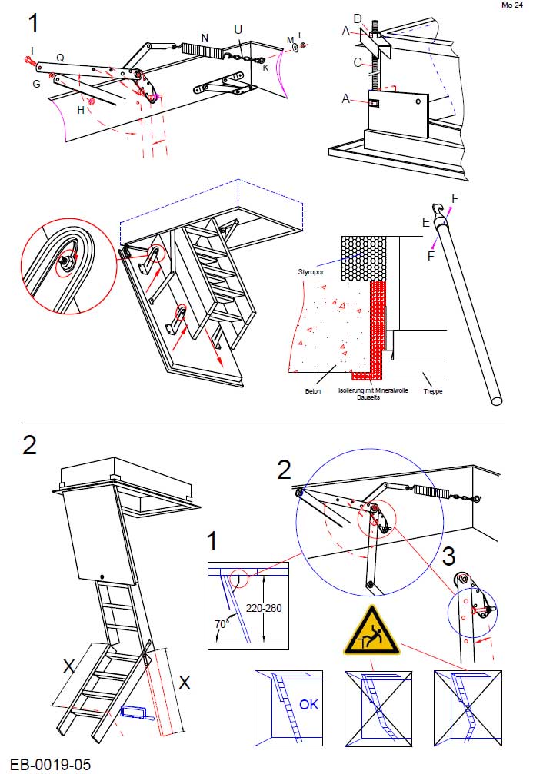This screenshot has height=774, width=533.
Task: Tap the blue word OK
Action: (308, 703)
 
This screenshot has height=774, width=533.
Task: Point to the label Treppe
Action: (432, 390)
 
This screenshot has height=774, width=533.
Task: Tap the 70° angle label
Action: (222, 624)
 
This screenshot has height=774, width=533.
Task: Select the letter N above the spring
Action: (205, 37)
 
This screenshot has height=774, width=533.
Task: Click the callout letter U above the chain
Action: (238, 28)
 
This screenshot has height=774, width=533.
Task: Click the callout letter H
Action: (81, 110)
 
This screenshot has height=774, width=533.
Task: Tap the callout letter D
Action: (357, 18)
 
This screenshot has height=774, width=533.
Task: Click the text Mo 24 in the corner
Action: (511, 5)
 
